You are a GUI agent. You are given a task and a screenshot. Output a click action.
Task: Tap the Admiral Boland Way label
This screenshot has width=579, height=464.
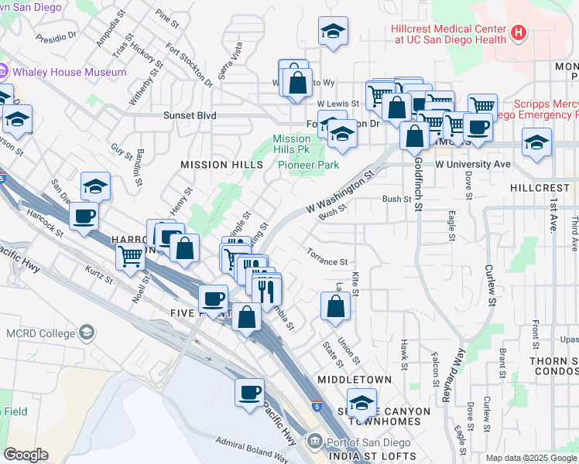[252, 442]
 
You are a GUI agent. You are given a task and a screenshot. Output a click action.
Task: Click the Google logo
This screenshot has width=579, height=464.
[26, 454]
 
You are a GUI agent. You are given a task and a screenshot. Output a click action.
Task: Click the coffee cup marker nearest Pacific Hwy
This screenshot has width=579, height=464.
[250, 392]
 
